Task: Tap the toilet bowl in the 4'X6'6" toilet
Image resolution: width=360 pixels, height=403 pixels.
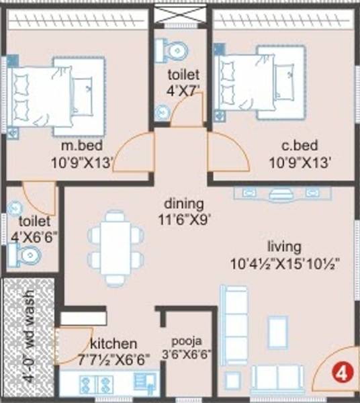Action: [x=27, y=255]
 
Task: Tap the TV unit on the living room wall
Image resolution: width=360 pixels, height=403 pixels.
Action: [x=283, y=193]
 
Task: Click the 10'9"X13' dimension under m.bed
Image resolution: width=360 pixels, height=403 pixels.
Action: [x=78, y=162]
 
